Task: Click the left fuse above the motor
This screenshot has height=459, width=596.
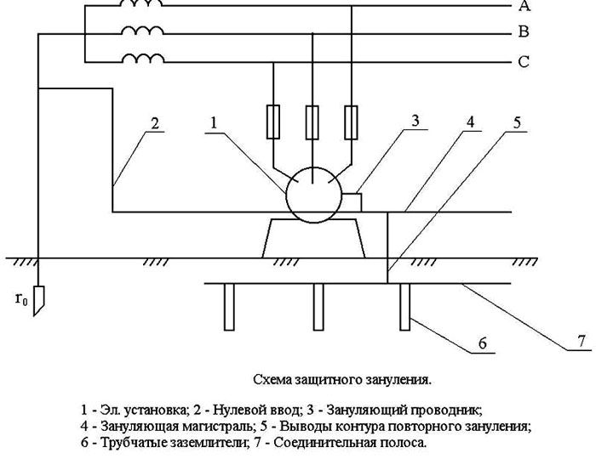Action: click(273, 121)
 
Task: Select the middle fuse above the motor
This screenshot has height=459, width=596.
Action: click(312, 121)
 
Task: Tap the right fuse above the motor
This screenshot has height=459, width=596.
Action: click(350, 121)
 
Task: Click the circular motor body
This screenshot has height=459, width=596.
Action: click(312, 194)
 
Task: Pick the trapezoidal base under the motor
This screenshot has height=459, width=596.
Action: click(312, 237)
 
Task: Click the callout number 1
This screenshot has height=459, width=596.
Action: click(215, 125)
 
